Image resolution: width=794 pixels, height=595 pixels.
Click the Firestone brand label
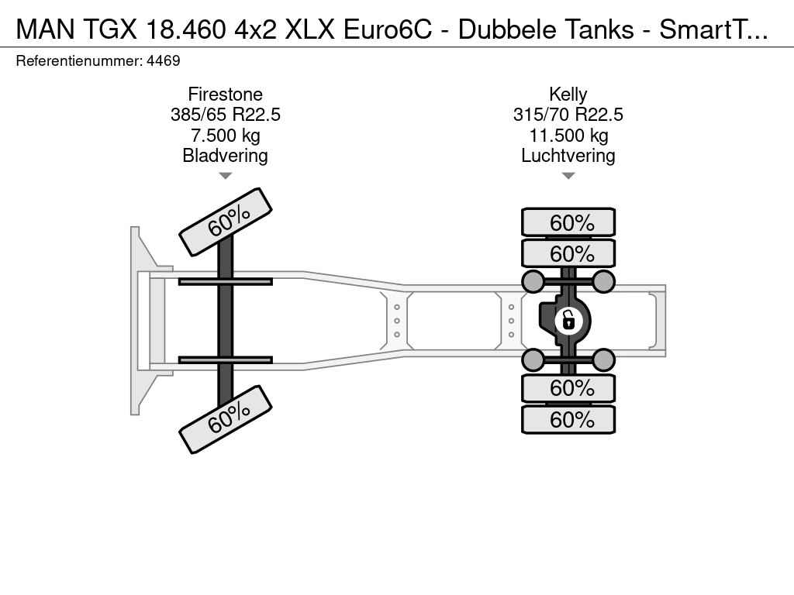226,94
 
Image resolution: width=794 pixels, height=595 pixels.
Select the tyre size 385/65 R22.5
226,115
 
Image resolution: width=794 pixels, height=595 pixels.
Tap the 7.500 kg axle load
226,135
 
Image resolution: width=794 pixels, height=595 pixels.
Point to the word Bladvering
226,155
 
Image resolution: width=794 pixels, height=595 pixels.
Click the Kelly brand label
568,94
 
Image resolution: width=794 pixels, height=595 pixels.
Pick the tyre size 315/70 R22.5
568,115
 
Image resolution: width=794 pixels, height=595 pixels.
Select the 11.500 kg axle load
568,135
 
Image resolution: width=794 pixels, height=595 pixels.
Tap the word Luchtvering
568,155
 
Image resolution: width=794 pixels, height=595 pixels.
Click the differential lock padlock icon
568,321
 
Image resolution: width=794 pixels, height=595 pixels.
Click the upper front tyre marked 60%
226,222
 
